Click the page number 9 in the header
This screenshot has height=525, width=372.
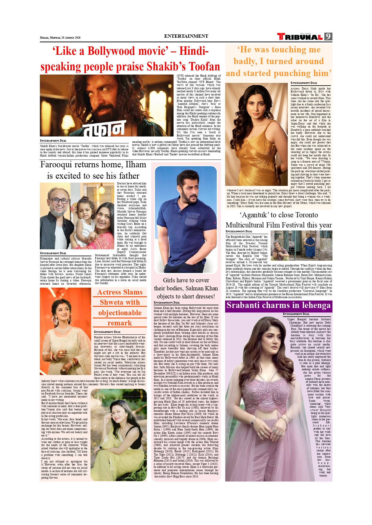click(328, 37)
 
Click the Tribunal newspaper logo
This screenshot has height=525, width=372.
click(300, 37)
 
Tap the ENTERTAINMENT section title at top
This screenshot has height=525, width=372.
click(186, 36)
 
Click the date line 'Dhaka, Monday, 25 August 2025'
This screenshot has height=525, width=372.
click(60, 38)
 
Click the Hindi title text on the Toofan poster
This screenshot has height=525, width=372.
click(104, 128)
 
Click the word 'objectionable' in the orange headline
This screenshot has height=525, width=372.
click(120, 313)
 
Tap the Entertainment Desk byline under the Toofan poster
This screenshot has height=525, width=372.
click(53, 141)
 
